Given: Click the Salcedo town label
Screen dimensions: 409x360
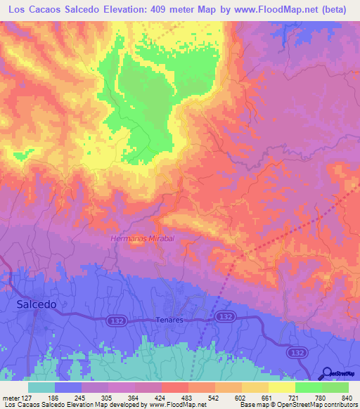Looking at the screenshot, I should click(x=37, y=305).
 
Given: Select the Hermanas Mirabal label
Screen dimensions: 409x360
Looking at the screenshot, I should click(x=142, y=239).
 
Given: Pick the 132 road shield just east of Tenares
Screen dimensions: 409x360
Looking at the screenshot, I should click(x=224, y=317).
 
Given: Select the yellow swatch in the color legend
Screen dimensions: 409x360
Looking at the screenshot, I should click(x=281, y=387).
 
